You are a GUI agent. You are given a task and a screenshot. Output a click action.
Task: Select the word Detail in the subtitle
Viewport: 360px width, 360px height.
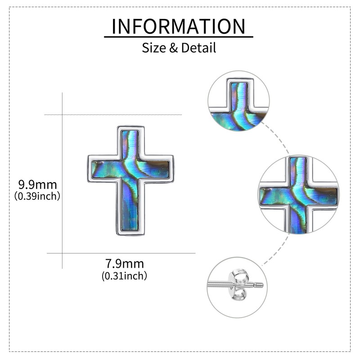pos(198,47)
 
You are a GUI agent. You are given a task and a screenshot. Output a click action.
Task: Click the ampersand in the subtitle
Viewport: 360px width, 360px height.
pos(174,47)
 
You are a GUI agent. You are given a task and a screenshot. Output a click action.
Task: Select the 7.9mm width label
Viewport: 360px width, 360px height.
pos(124,264)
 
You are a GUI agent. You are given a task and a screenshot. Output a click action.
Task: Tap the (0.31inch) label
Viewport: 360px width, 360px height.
pos(124,275)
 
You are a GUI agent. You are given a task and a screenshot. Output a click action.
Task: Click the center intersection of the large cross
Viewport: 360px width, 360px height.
pos(130,168)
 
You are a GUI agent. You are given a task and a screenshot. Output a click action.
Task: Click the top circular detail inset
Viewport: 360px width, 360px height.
pos(238,101)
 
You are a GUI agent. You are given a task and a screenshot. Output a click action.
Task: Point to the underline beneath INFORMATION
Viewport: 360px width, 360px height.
pos(179,37)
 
